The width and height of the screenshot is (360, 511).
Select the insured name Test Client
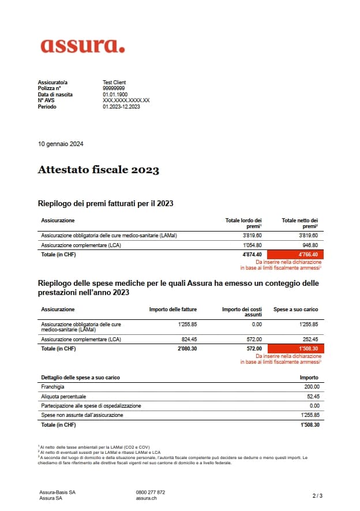[x=114, y=83]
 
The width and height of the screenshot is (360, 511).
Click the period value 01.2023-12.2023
[x=121, y=106]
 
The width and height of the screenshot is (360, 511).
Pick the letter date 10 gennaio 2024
[x=61, y=144]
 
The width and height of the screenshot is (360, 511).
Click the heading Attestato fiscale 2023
[x=98, y=170]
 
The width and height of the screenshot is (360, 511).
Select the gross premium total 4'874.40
[x=252, y=254]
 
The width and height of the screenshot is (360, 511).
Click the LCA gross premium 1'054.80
[x=252, y=245]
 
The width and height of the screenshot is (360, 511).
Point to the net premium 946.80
[x=310, y=245]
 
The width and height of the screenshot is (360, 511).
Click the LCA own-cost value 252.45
[x=310, y=340]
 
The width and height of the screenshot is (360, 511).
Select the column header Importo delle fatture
[x=173, y=309]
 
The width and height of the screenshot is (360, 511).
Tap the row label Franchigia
[x=52, y=387]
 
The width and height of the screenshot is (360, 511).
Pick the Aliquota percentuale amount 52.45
[x=312, y=397]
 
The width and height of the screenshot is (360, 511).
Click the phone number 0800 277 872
[x=150, y=492]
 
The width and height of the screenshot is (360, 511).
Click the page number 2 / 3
[x=317, y=495]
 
